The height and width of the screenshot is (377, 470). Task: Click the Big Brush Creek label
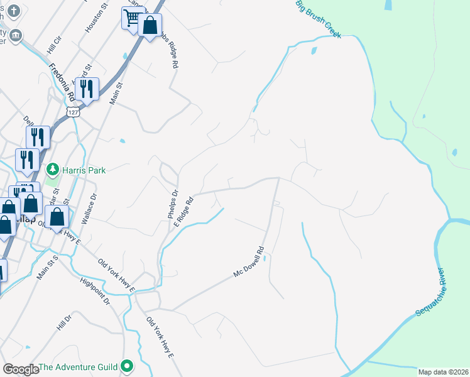[319, 18]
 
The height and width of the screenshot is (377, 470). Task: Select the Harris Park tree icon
[53, 170]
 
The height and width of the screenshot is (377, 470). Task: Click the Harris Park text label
[84, 170]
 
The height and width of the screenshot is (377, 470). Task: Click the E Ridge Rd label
[183, 213]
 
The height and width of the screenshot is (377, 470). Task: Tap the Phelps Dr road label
[173, 204]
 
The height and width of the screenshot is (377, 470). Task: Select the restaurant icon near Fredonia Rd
[85, 89]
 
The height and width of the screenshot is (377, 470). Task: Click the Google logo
[21, 369]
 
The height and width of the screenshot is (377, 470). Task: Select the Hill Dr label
[64, 323]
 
